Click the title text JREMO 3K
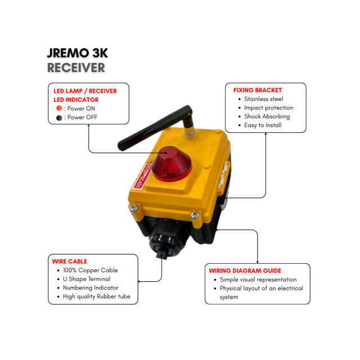77,54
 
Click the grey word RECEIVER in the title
76,68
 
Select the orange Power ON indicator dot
58,108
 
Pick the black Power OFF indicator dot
58,118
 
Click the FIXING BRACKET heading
258,90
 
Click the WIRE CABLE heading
70,262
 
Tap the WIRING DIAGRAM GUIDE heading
245,271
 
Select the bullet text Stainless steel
263,99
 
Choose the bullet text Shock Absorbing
267,116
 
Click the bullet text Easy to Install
263,125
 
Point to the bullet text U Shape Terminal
86,279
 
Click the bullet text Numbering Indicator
91,287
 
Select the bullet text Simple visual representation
258,280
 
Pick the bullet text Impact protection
268,107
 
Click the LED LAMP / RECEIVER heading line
85,91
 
